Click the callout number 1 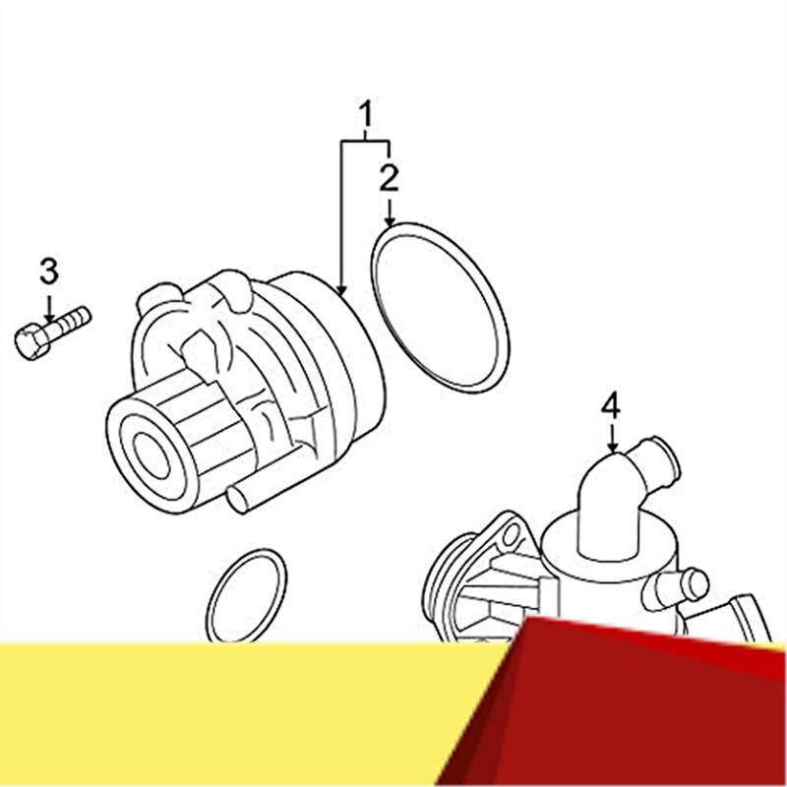(x=366, y=117)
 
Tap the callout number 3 (x=49, y=271)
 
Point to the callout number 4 (x=612, y=404)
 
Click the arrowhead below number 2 (x=390, y=221)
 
